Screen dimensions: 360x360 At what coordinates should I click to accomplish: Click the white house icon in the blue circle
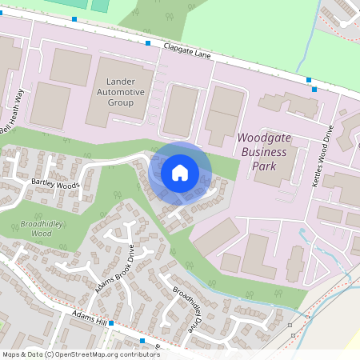click(180, 173)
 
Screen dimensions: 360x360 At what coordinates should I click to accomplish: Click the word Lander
click(126, 82)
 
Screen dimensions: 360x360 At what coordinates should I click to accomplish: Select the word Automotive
click(126, 93)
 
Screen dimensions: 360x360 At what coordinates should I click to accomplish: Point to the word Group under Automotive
click(126, 103)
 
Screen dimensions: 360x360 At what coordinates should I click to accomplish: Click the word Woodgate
click(269, 138)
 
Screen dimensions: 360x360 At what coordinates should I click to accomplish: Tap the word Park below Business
click(265, 166)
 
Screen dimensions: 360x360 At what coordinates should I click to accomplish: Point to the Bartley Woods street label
click(55, 186)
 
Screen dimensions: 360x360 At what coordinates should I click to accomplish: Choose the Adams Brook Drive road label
click(115, 268)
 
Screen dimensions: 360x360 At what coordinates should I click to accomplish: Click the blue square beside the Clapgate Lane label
click(148, 43)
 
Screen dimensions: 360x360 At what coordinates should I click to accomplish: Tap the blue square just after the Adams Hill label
click(111, 324)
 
